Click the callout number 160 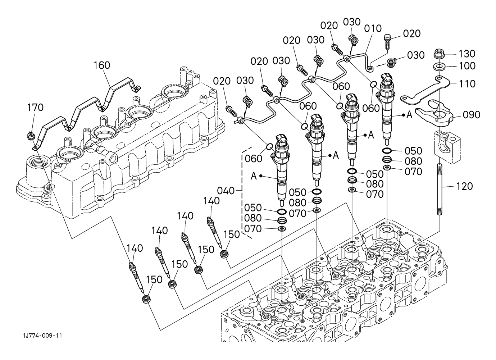pos(102,65)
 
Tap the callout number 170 pos(35,107)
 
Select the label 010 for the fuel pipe pos(373,28)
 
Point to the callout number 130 pos(467,54)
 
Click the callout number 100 pos(467,66)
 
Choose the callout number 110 pos(467,84)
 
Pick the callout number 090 pos(472,115)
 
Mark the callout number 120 pos(464,186)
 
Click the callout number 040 pos(226,190)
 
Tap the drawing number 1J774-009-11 pos(42,336)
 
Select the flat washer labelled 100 pos(440,66)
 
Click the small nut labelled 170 pos(31,136)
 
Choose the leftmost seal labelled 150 pos(146,299)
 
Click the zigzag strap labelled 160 pos(86,108)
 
